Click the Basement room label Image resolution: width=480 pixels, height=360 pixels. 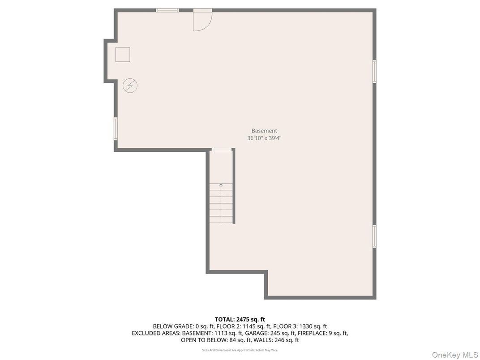[264, 131]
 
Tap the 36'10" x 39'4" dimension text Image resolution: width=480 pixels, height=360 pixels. [264, 138]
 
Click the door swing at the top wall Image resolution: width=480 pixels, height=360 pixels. [201, 21]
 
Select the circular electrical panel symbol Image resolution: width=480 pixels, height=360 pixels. [130, 86]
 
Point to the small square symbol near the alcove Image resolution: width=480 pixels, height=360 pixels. [123, 55]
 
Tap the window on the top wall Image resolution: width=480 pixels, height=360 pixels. [167, 10]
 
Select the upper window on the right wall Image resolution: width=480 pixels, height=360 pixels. [374, 71]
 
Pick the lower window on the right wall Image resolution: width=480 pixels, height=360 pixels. [374, 236]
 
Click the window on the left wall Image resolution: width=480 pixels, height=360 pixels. [116, 129]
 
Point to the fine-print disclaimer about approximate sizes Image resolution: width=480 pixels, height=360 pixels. [240, 350]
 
